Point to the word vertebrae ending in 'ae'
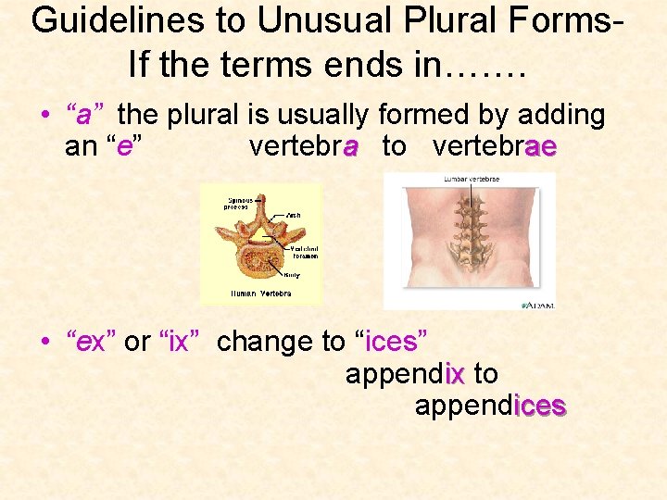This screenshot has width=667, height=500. pyautogui.click(x=494, y=146)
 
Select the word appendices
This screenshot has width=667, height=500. pyautogui.click(x=490, y=406)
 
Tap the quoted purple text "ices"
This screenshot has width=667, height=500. pyautogui.click(x=392, y=343)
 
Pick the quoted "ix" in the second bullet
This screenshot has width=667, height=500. pyautogui.click(x=179, y=343)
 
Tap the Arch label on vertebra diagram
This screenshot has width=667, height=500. pyautogui.click(x=293, y=215)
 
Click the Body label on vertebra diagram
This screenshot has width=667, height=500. pyautogui.click(x=293, y=274)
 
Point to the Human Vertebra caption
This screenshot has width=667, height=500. pyautogui.click(x=260, y=294)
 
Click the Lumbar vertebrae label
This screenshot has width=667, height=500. pyautogui.click(x=472, y=179)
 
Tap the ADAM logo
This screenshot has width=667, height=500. pyautogui.click(x=538, y=303)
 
